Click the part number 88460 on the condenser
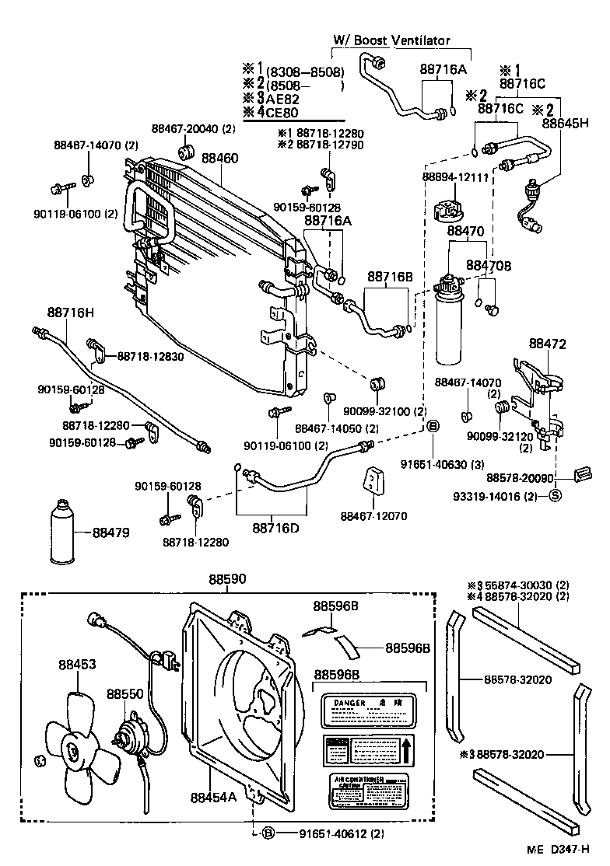tap(220, 159)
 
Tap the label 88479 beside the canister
tap(111, 533)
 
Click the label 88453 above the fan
tap(78, 665)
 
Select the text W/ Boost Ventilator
tap(391, 40)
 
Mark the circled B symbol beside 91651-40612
tap(268, 834)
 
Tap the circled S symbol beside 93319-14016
tap(556, 495)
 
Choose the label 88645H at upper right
tap(566, 123)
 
